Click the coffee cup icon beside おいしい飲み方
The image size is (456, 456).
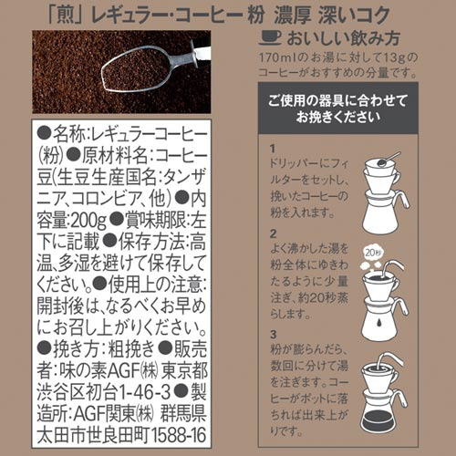271,38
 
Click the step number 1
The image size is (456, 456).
273,149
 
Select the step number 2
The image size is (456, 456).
274,233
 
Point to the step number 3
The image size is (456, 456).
274,335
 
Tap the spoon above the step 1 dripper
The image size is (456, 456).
388,160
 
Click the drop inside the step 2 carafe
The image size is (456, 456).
379,322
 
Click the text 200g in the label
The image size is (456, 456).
88,220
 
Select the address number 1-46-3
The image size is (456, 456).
144,392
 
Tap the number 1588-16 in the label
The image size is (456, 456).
178,435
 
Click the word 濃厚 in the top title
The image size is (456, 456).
293,16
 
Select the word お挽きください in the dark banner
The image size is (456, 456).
338,117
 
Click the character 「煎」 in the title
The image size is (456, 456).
66,16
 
